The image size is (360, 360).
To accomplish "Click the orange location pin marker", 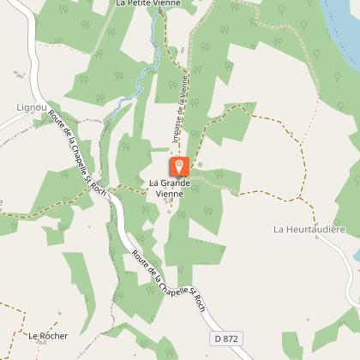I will tap(178, 166).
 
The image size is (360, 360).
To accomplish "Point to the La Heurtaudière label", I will tap(309, 230).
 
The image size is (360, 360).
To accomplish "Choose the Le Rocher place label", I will tap(48, 335).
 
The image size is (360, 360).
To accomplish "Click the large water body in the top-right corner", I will tap(343, 21).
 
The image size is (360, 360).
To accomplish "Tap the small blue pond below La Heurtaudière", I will tap(354, 255).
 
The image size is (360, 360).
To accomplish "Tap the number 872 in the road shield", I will tap(231, 339).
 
